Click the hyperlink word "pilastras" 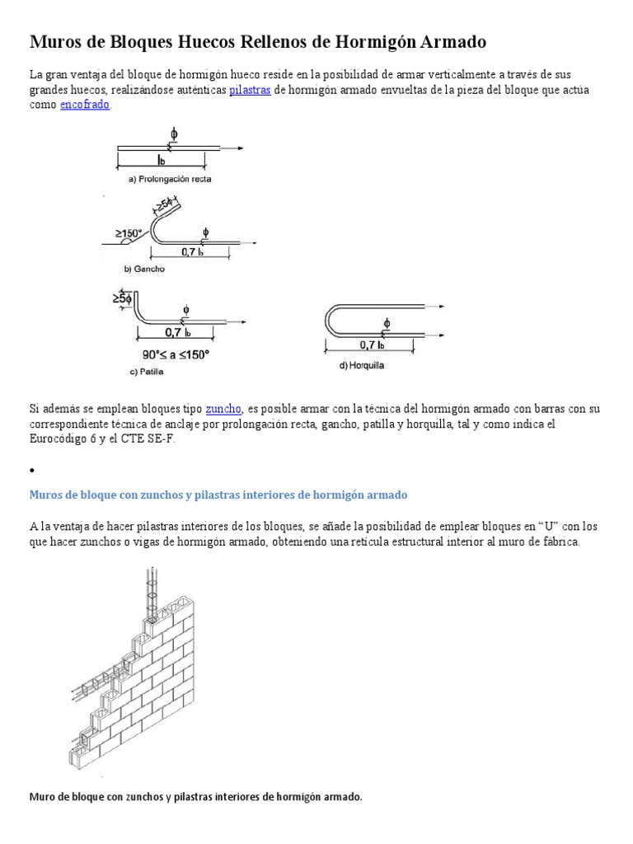click(x=250, y=90)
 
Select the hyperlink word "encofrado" click(x=85, y=105)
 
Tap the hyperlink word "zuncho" click(x=223, y=408)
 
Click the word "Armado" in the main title click(x=446, y=41)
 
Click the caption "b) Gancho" click(x=144, y=269)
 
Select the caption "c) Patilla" click(x=146, y=372)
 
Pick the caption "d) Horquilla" click(x=362, y=365)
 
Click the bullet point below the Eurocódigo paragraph click(x=31, y=470)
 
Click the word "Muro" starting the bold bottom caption click(x=43, y=797)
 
